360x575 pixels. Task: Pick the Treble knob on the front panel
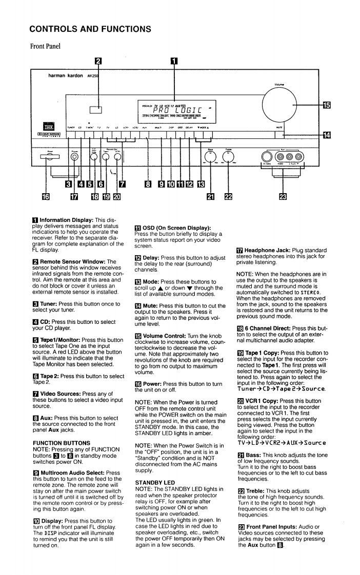(229, 156)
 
